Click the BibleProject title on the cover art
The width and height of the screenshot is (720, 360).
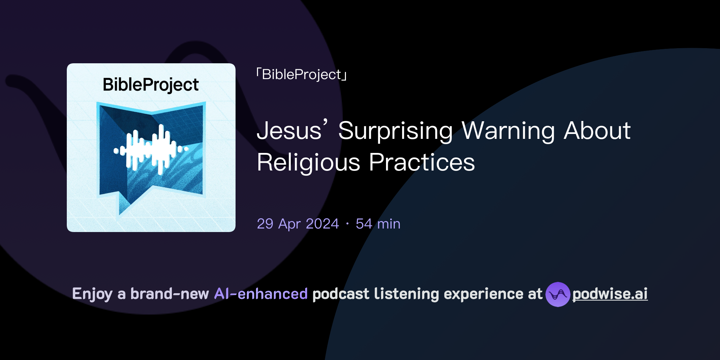click(151, 85)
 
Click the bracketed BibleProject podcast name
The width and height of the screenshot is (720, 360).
click(302, 75)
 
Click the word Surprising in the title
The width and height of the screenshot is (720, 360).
click(396, 131)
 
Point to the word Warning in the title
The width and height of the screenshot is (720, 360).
click(508, 131)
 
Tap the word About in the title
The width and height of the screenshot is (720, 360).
click(597, 131)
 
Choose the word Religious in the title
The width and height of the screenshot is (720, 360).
click(308, 162)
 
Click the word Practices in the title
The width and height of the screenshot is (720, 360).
click(422, 162)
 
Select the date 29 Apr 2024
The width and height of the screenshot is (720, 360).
click(298, 224)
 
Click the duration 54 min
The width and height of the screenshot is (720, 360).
click(378, 224)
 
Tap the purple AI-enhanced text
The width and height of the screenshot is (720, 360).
click(261, 294)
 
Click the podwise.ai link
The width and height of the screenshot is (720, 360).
click(610, 294)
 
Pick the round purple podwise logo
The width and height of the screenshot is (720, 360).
click(558, 294)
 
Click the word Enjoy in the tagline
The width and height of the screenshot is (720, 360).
click(92, 294)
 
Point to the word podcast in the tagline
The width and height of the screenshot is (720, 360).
click(341, 294)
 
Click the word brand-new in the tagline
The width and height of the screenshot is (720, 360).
click(169, 294)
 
